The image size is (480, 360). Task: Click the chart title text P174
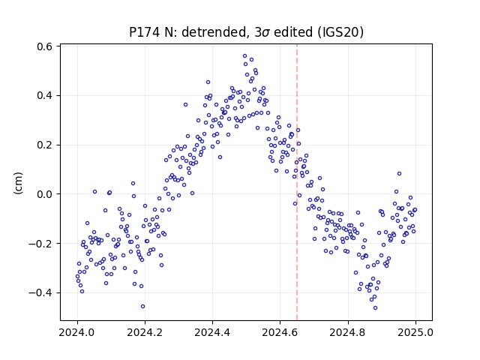(x=143, y=31)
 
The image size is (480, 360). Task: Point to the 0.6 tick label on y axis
(x=45, y=46)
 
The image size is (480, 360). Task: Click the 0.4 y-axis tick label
(x=45, y=95)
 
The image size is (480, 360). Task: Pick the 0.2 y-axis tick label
(x=45, y=145)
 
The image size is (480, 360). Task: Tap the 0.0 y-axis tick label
(x=45, y=194)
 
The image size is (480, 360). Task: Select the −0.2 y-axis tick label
(x=40, y=243)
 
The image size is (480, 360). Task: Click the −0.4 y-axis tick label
(x=40, y=292)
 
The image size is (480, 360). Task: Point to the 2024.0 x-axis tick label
(x=77, y=332)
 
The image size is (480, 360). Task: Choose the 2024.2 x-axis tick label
(x=145, y=332)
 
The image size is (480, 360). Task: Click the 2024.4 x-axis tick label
(x=213, y=332)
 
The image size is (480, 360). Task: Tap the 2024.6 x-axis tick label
(x=280, y=332)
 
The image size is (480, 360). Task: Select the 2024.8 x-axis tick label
(x=348, y=332)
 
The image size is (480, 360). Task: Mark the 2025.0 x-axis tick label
(x=415, y=332)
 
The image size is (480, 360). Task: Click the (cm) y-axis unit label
(x=18, y=183)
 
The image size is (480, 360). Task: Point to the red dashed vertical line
(x=297, y=182)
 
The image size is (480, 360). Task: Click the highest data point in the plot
(x=245, y=56)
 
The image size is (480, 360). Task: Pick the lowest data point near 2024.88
(x=375, y=308)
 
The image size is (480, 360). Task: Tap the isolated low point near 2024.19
(x=142, y=307)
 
